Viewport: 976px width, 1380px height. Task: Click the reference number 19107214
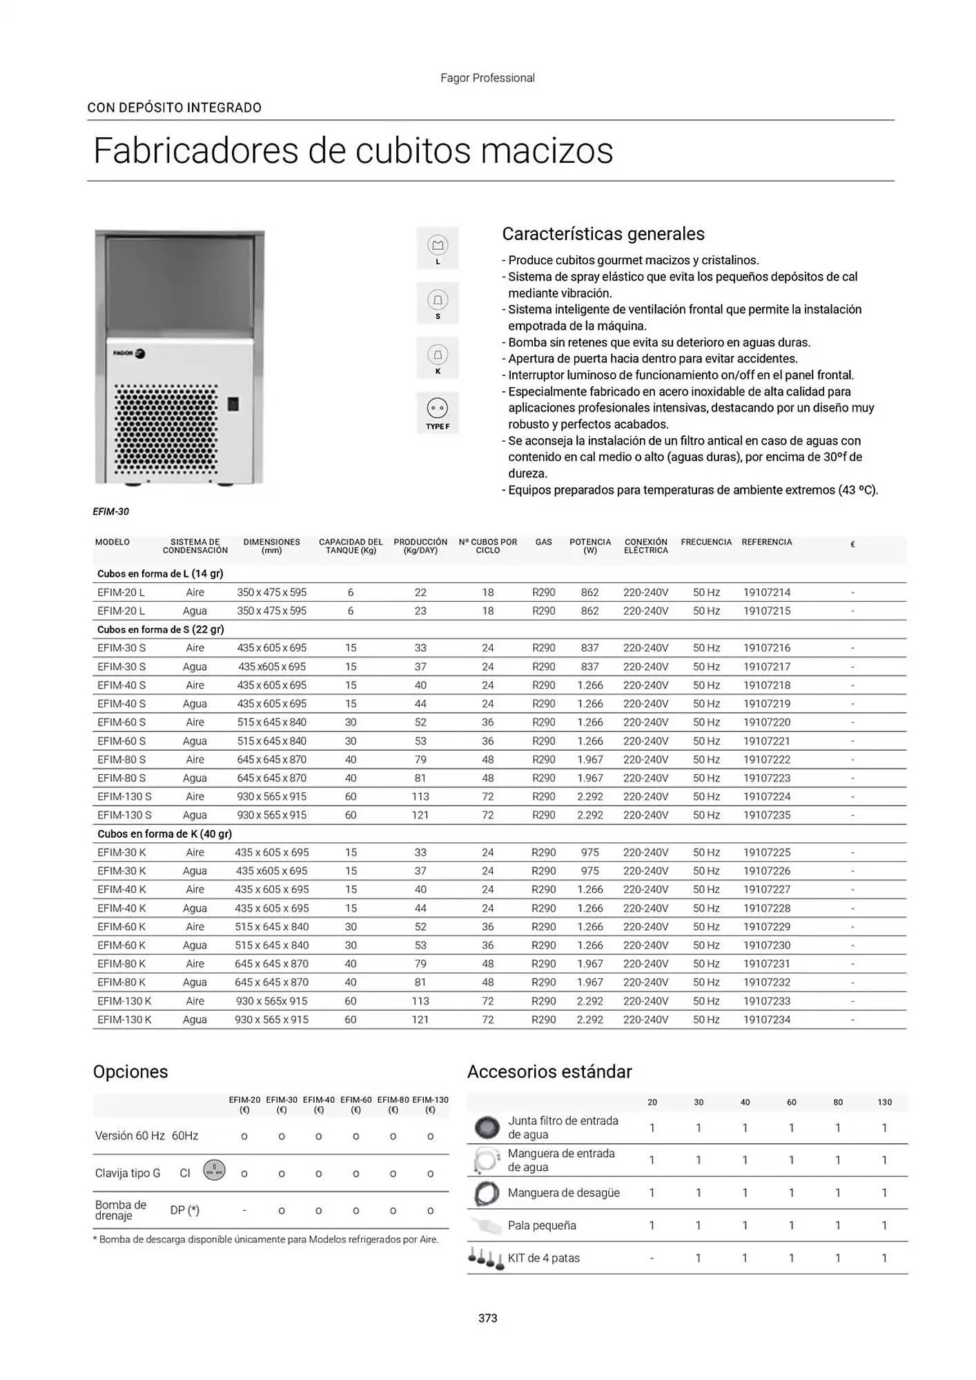(x=766, y=592)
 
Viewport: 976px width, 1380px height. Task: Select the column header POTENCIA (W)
(x=589, y=546)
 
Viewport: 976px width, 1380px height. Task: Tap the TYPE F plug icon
(x=438, y=412)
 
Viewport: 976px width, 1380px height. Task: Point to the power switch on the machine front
(x=233, y=404)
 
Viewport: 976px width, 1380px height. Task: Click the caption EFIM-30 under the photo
(x=110, y=511)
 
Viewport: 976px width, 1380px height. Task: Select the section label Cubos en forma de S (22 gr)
(x=160, y=629)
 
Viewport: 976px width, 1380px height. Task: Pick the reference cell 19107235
(x=766, y=815)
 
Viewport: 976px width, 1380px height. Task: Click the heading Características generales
(x=603, y=234)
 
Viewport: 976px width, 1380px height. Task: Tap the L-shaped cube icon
(x=438, y=246)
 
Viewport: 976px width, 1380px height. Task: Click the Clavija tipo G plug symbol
(x=214, y=1170)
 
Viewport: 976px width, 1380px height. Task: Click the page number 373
(x=487, y=1318)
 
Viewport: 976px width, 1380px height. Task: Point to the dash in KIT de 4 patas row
(x=652, y=1258)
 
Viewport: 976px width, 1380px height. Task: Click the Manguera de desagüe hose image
(x=487, y=1193)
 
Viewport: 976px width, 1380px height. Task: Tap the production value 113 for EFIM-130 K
(x=420, y=1000)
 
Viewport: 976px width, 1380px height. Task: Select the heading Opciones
(x=130, y=1072)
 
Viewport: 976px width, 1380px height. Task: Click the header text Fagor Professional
(x=487, y=78)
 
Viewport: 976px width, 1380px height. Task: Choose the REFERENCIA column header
(x=766, y=542)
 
